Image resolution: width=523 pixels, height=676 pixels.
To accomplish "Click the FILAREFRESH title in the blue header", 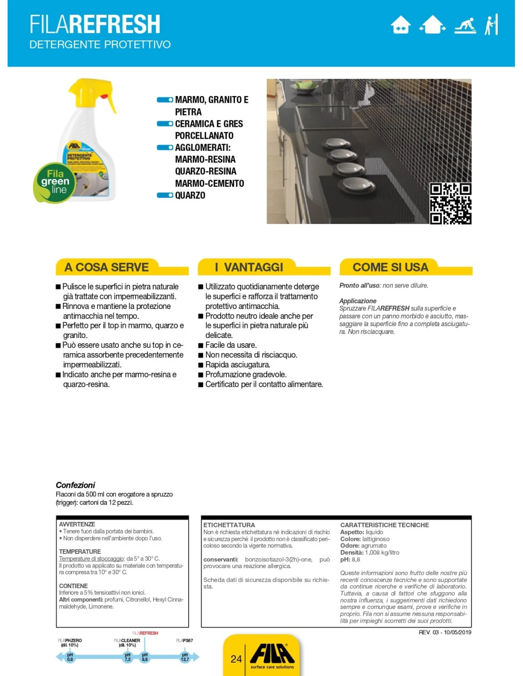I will click(x=95, y=24).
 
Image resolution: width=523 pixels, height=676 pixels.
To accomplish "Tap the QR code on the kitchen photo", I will click(x=450, y=203).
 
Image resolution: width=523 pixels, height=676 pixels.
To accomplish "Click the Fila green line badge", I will click(x=55, y=183).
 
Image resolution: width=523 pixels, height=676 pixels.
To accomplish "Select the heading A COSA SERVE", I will click(x=107, y=267).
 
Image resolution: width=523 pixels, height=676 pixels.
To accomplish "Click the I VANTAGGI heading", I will click(x=249, y=267).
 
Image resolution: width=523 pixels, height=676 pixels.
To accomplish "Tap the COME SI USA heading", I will click(x=390, y=267).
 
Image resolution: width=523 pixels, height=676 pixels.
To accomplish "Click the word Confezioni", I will click(x=75, y=485).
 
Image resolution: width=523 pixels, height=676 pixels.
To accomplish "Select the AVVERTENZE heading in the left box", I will click(x=77, y=524).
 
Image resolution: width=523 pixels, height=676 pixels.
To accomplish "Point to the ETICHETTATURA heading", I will click(x=229, y=525).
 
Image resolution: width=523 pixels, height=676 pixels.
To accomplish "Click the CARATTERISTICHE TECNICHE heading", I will click(x=384, y=525).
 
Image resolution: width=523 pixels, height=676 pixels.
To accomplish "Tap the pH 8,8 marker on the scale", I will click(x=145, y=657).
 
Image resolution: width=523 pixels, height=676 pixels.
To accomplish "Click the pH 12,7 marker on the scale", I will click(x=184, y=657).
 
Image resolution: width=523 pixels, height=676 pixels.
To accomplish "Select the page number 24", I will click(x=236, y=659).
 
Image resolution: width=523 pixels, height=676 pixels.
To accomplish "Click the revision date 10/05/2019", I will click(x=457, y=632).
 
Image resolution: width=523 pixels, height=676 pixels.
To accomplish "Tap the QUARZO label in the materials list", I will click(x=190, y=195).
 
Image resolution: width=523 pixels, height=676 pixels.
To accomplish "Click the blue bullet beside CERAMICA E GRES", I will click(x=165, y=124).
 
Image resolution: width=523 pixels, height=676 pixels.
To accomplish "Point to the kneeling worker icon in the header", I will click(x=465, y=25).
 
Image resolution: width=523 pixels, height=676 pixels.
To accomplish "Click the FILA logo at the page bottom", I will click(x=272, y=654).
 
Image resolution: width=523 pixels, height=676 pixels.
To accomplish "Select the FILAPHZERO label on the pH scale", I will click(x=70, y=640).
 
